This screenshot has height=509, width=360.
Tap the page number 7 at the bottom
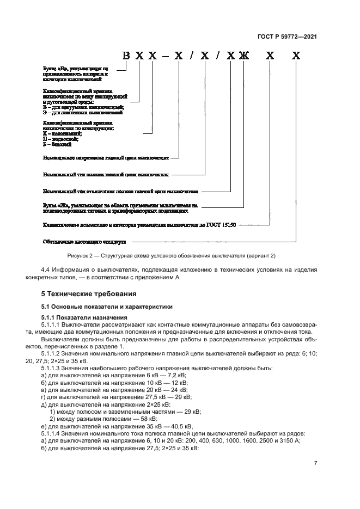pos(315,463)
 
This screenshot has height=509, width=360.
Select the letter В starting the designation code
pos(126,56)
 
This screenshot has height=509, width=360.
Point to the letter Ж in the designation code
pos(243,56)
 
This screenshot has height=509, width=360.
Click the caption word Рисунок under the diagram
pos(80,255)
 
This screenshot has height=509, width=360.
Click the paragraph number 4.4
pos(47,270)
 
